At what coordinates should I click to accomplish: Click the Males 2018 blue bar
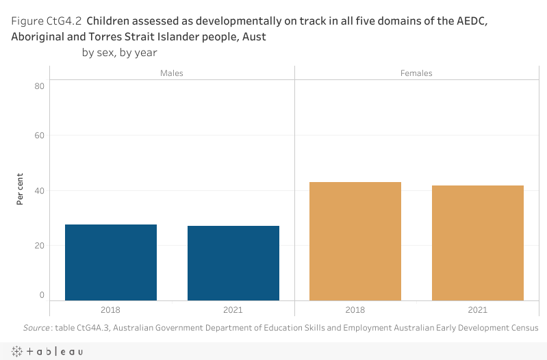pos(111,262)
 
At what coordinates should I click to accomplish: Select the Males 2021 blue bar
pos(233,263)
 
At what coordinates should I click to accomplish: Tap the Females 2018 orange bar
pos(355,241)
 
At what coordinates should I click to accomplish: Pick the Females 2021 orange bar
pos(478,243)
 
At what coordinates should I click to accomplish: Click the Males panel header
pos(172,73)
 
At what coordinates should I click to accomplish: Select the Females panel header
pos(416,73)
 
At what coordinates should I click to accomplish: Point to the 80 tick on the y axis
pos(40,86)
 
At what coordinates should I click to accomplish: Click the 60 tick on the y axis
pos(40,136)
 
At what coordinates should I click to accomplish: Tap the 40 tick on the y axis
pos(40,190)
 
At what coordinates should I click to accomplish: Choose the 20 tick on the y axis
pos(40,245)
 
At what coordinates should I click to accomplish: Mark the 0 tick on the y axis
pos(42,295)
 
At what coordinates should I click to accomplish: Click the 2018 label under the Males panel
pos(111,310)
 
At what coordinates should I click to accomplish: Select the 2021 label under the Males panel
pos(233,310)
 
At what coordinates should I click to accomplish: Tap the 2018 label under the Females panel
pos(355,310)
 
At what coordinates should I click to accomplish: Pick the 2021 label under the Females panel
pos(478,310)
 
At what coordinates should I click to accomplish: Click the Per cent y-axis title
pos(21,190)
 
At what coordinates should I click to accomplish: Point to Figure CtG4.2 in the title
pos(47,21)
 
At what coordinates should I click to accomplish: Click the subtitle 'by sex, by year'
pos(120,52)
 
